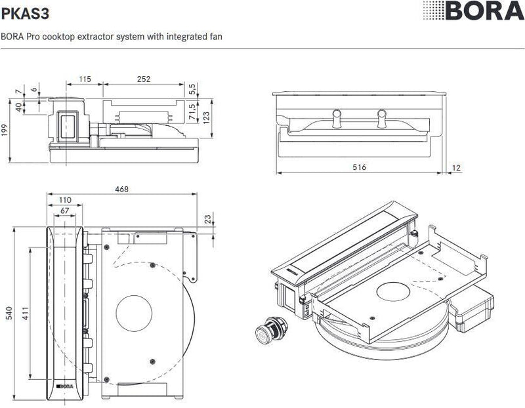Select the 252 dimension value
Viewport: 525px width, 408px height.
click(144, 79)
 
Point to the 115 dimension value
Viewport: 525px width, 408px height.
click(85, 79)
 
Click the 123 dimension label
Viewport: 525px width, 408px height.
click(206, 116)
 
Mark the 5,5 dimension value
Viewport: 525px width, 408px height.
click(192, 89)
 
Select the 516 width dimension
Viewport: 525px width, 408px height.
click(358, 167)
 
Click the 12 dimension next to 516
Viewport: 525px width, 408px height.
click(457, 167)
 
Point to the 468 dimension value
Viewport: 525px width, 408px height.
click(121, 190)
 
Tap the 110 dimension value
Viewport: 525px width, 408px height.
click(65, 200)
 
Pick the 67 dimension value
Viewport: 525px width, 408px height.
click(64, 211)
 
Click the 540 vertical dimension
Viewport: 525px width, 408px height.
click(9, 313)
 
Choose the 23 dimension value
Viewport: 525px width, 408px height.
click(208, 218)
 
